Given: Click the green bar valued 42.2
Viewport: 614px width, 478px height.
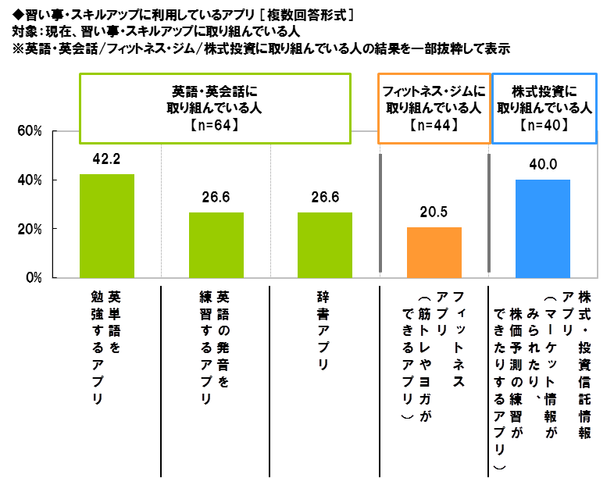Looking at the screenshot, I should pyautogui.click(x=107, y=226).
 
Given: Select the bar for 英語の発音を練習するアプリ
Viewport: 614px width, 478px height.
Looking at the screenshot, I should pyautogui.click(x=216, y=244).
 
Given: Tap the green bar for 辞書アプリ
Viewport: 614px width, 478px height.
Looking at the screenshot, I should pyautogui.click(x=325, y=244).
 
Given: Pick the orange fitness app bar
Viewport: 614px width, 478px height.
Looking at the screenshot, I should pyautogui.click(x=434, y=252).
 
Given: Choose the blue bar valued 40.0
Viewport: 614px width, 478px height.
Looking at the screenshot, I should pyautogui.click(x=543, y=228).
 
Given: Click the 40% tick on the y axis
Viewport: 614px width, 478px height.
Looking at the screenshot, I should pyautogui.click(x=30, y=180).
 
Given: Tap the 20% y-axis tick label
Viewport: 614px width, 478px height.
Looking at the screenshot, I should pyautogui.click(x=30, y=229).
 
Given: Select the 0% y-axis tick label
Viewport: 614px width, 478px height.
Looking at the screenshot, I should pyautogui.click(x=33, y=278).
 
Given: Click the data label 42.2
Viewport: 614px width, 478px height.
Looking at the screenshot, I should pyautogui.click(x=107, y=159).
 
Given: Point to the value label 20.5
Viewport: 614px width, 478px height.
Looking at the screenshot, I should pyautogui.click(x=434, y=212).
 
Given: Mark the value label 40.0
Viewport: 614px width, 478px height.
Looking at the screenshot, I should pyautogui.click(x=543, y=165).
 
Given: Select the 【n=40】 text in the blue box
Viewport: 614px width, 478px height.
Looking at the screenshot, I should pyautogui.click(x=544, y=124).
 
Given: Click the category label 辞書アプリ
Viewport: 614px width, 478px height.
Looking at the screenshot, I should pyautogui.click(x=324, y=330).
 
